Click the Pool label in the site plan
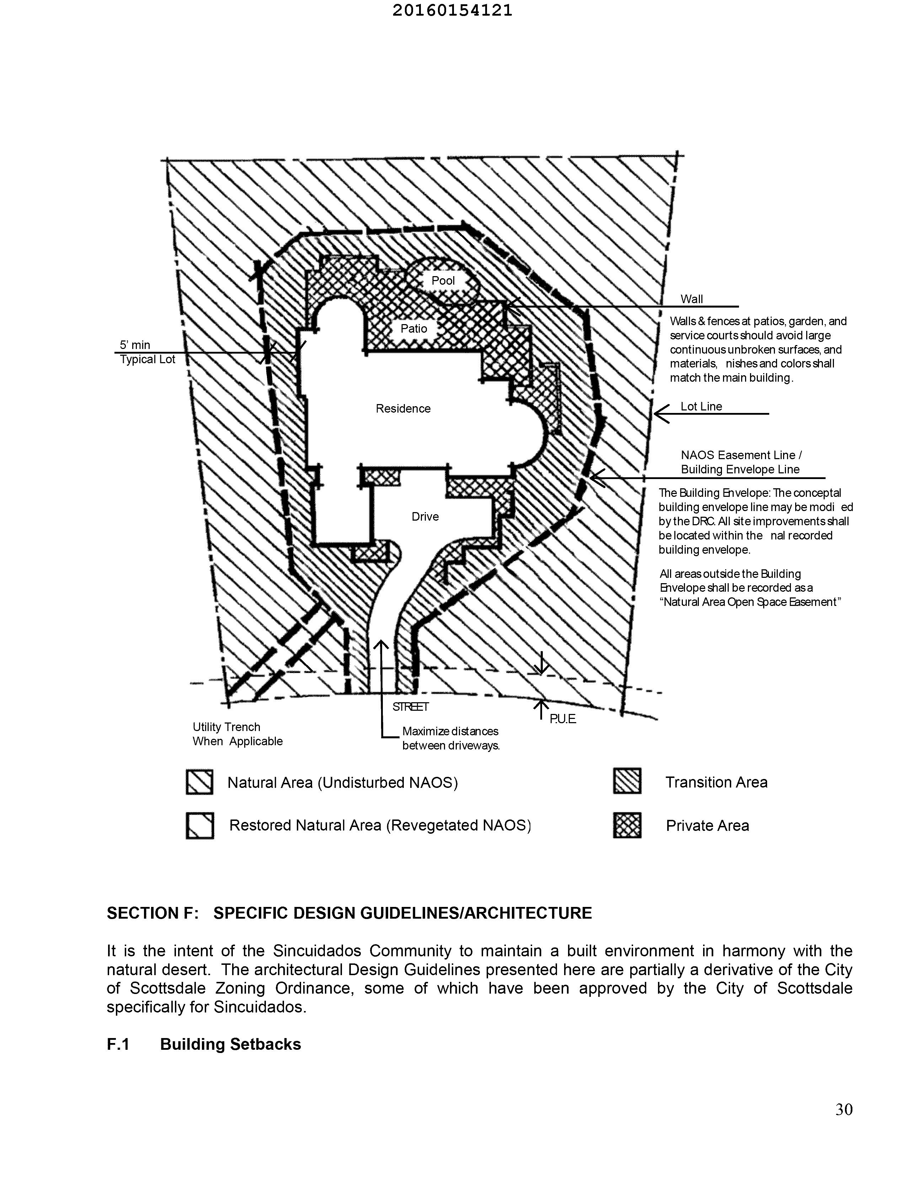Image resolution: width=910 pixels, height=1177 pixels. point(443,281)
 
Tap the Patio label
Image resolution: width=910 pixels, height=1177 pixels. point(413,329)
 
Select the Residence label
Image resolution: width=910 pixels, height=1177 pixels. point(403,408)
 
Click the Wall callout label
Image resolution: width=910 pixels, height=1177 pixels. point(692,299)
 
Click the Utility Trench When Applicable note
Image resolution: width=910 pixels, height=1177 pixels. point(237,734)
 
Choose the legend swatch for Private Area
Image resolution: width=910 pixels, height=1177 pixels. point(627,825)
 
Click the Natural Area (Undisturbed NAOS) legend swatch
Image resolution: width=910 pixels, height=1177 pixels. point(199,781)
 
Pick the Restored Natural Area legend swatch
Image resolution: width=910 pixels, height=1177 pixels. point(199,825)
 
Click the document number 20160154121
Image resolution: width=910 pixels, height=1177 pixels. point(452,11)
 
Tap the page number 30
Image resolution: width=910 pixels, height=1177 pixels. point(844,1109)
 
